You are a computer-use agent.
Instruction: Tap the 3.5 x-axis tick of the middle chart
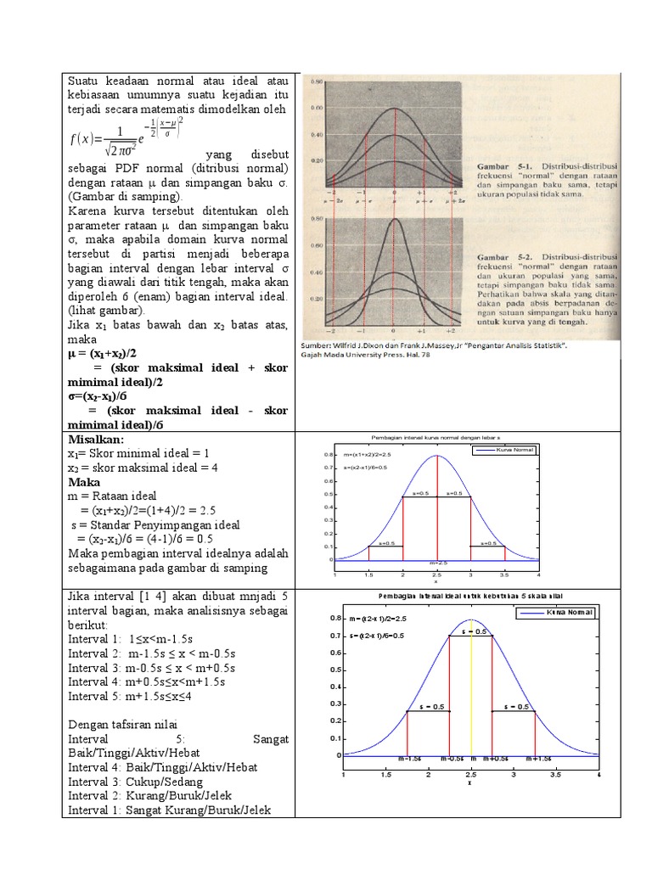click(504, 575)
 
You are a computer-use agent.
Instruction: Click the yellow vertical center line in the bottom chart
click(471, 696)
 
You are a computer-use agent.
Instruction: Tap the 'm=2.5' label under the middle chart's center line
click(437, 563)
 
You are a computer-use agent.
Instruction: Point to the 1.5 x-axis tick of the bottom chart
click(385, 775)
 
